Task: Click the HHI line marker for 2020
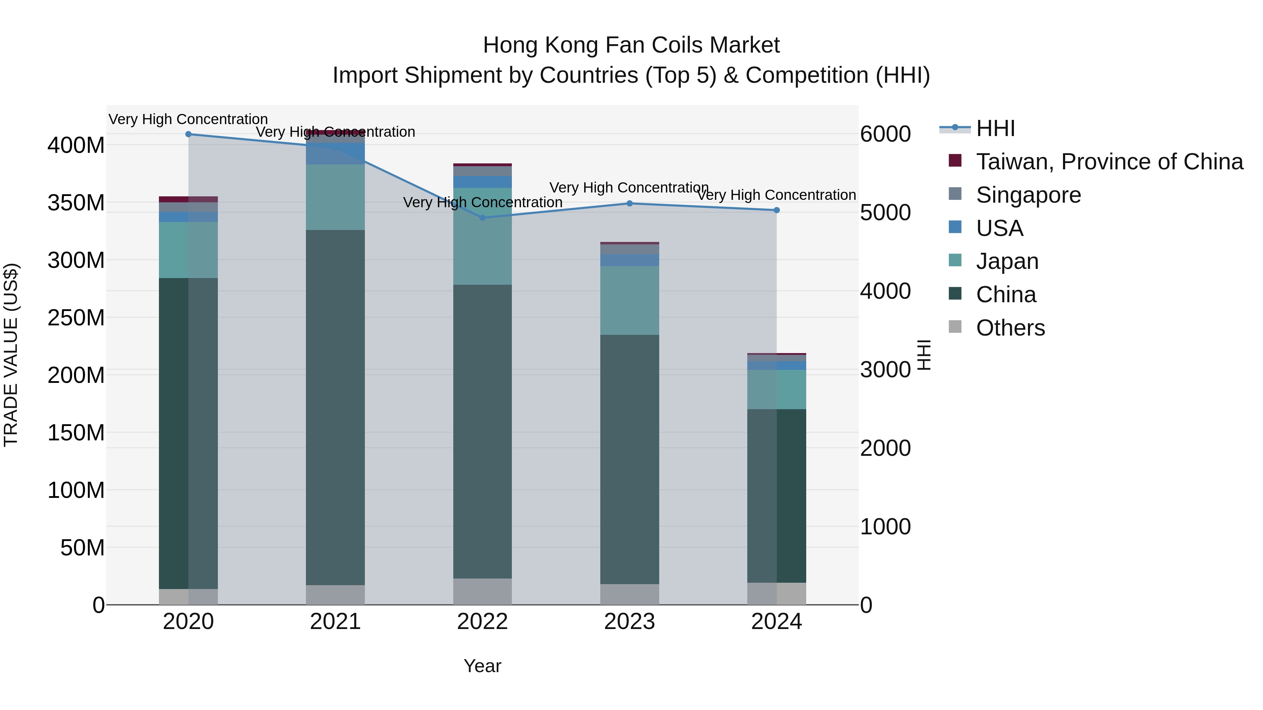(188, 134)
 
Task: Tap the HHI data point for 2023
(629, 203)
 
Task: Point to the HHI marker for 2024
(777, 210)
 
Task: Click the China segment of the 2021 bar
(335, 407)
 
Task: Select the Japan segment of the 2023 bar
(629, 300)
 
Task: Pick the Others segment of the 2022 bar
(482, 591)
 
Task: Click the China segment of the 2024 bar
(777, 495)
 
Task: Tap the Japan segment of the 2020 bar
(188, 250)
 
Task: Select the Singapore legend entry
(1028, 195)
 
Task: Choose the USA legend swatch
(955, 227)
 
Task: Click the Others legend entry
(1010, 328)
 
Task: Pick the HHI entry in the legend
(995, 128)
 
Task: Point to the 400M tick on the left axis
(76, 146)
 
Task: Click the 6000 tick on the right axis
(886, 134)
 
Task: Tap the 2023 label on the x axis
(629, 622)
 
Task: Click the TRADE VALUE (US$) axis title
(11, 355)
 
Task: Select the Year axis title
(482, 666)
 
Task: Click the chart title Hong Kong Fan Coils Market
(631, 45)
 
